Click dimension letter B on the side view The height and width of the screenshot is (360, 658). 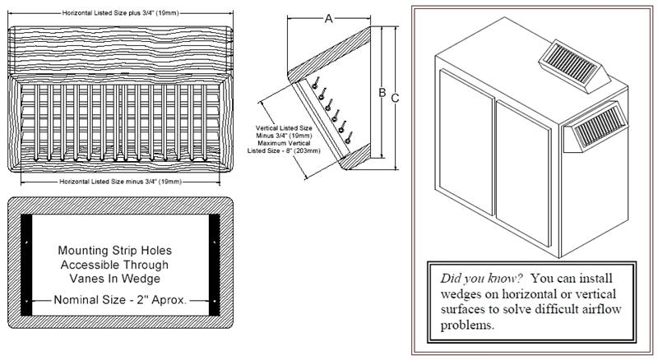(x=382, y=93)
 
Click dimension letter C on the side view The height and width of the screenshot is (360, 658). (x=395, y=98)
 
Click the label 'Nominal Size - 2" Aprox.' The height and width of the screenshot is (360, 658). (x=119, y=300)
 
